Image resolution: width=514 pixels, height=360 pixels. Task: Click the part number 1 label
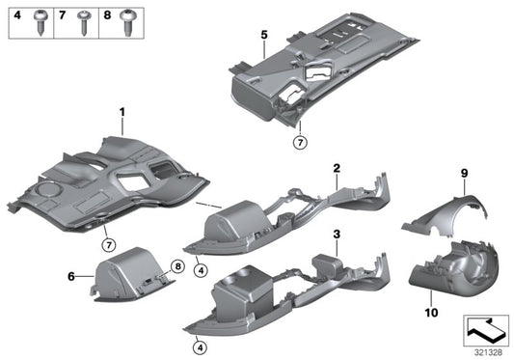click(122, 114)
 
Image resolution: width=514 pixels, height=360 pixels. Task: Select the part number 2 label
click(336, 167)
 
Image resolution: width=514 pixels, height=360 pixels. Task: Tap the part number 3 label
click(336, 235)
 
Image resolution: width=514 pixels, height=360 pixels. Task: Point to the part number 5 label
click(263, 36)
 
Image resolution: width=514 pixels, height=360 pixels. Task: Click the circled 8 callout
click(177, 266)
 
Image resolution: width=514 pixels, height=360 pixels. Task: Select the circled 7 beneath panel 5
click(300, 143)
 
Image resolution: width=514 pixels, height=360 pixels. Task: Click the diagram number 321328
click(487, 349)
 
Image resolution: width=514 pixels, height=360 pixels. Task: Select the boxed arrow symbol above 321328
click(485, 328)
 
